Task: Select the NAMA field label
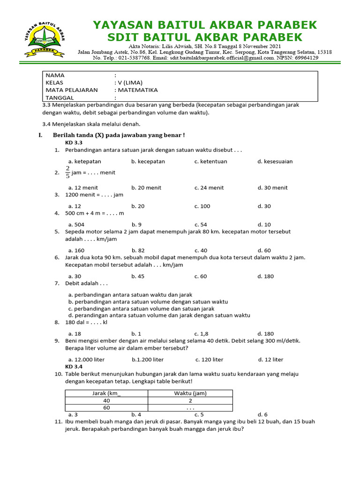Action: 55,75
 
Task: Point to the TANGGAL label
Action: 60,97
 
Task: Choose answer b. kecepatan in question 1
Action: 148,161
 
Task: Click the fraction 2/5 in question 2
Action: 67,172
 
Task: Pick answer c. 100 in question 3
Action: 202,206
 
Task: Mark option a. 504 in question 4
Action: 76,225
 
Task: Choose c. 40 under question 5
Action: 201,250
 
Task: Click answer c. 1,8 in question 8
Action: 202,334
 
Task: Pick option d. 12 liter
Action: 270,360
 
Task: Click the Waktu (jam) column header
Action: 190,393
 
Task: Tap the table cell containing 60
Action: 107,408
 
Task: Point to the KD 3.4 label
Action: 74,367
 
